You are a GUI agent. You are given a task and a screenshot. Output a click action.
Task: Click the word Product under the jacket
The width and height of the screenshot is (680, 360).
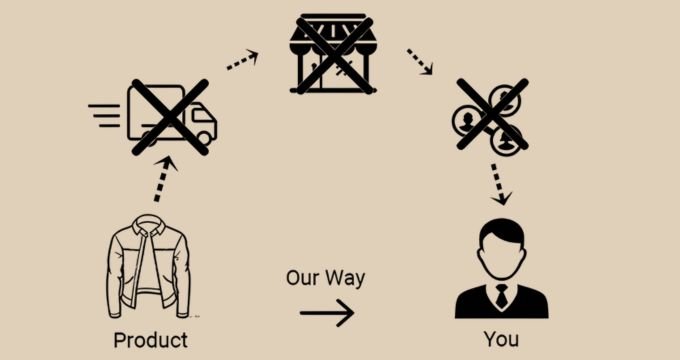pos(150,340)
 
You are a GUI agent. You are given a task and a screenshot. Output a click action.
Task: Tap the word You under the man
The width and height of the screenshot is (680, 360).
pos(501,340)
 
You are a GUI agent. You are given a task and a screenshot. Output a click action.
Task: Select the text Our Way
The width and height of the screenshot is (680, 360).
pos(325,278)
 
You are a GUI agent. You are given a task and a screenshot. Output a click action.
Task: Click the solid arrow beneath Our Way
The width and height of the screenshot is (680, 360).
pos(327,314)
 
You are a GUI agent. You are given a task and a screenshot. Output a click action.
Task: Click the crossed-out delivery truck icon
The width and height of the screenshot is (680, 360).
pos(170,118)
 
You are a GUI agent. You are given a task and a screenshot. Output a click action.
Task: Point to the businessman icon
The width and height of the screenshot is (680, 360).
pos(501,270)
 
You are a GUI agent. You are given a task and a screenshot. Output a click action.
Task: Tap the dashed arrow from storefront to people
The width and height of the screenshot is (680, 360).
pos(418,62)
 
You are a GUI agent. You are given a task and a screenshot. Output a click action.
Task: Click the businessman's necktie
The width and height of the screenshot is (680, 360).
pos(501,296)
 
